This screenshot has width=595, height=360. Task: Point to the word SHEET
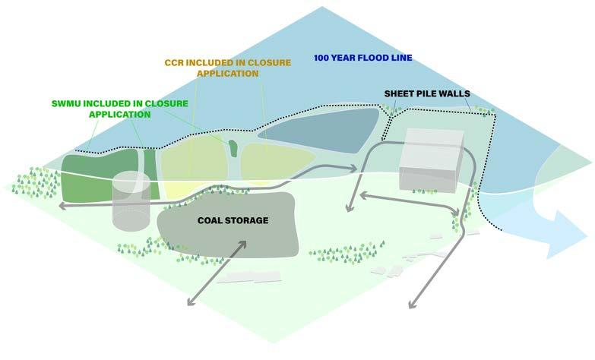coord(400,94)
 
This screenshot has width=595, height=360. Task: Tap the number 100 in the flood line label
coord(323,57)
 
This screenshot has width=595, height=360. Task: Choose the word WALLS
coord(454,94)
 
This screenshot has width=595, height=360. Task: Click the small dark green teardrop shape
coord(233,145)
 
